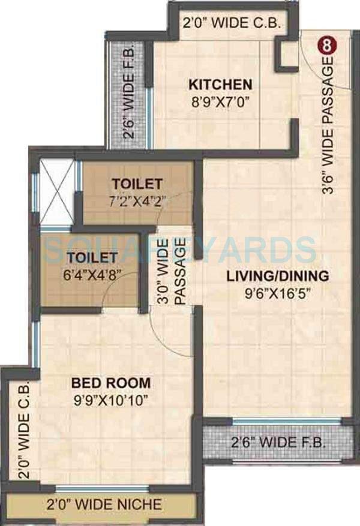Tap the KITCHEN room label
[x=221, y=84]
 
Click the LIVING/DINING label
[x=277, y=276]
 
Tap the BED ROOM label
[x=111, y=382]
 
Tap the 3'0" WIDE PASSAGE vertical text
[x=170, y=273]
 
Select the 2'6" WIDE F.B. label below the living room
[x=278, y=443]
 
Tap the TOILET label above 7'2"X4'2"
[x=137, y=183]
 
